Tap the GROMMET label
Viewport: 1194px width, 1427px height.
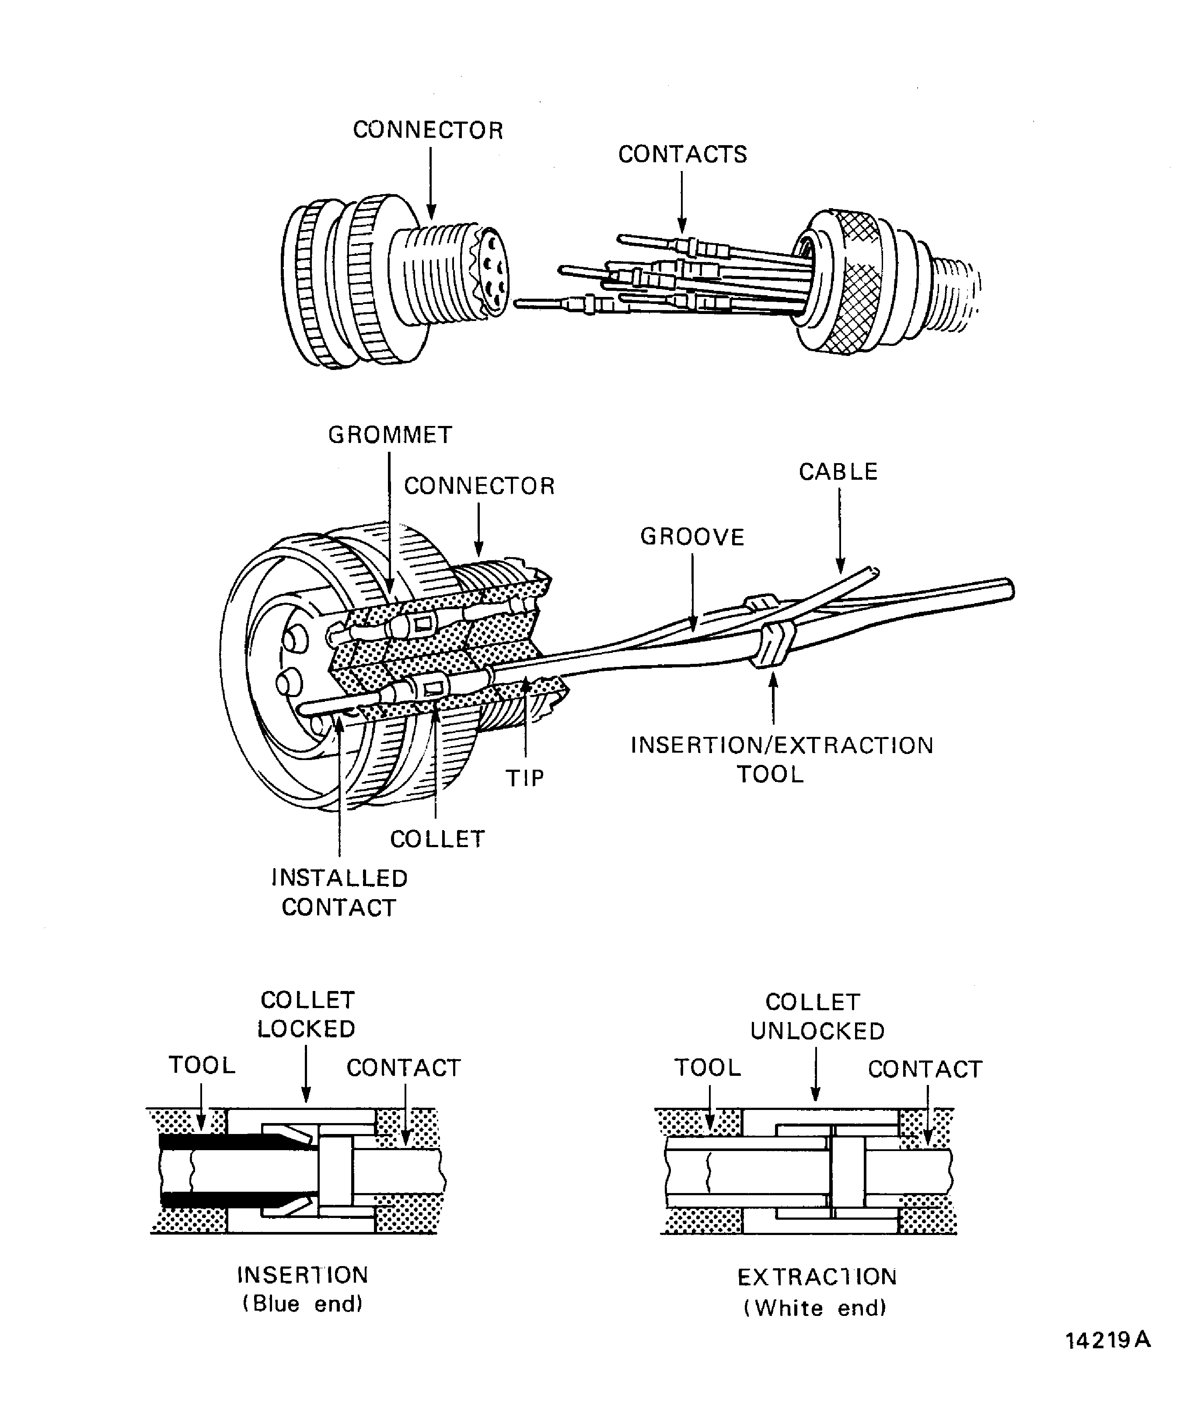point(390,435)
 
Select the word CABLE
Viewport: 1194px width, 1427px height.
point(838,471)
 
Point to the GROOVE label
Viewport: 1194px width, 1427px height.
point(692,537)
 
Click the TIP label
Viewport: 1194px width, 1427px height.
point(525,778)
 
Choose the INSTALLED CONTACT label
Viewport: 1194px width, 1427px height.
point(339,893)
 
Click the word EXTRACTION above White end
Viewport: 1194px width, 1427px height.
point(817,1277)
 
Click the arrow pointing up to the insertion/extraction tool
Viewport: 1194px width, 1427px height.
point(773,703)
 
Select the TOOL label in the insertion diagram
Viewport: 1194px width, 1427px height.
point(202,1065)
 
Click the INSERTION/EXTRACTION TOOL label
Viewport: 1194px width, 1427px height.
point(782,760)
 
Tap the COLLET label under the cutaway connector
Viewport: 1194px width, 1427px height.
point(437,839)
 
